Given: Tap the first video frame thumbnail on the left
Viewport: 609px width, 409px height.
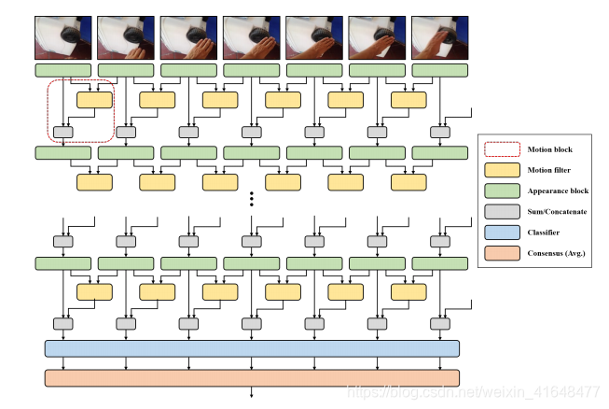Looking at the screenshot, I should (63, 37).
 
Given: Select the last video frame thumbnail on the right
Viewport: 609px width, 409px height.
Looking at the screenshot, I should (438, 37).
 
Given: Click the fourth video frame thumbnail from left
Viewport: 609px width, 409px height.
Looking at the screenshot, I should (251, 37).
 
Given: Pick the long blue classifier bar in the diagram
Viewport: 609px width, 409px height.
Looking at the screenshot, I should (252, 348).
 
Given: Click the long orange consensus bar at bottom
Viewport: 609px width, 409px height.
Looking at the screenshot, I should (252, 378).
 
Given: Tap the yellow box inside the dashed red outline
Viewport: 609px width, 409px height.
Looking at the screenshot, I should (94, 100).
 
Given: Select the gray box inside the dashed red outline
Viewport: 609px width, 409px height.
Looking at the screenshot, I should (63, 132).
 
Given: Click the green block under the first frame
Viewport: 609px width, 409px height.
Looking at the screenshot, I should (63, 70).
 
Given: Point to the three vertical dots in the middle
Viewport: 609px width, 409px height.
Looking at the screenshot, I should (252, 199).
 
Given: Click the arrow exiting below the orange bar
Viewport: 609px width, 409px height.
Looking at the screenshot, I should (252, 393).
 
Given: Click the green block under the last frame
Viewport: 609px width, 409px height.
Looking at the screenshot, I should (438, 70).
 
